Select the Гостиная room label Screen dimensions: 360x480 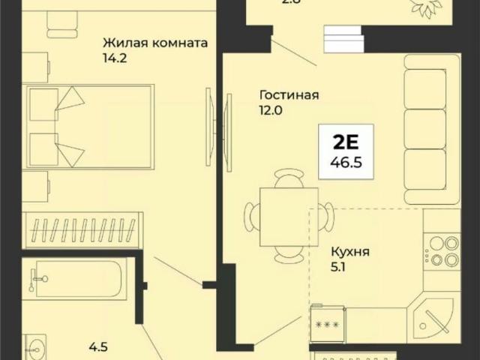pyautogui.click(x=289, y=95)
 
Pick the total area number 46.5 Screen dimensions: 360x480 pyautogui.click(x=346, y=161)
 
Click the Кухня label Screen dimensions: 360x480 pyautogui.click(x=349, y=253)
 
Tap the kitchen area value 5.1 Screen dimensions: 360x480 pyautogui.click(x=338, y=267)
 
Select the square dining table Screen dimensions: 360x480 pyautogui.click(x=286, y=217)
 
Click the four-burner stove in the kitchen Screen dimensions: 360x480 pyautogui.click(x=441, y=251)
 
